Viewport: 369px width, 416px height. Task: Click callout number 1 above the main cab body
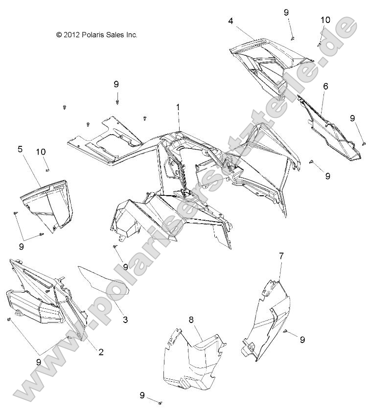[178, 107]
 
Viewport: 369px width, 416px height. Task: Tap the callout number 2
[101, 351]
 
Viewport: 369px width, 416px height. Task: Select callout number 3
[125, 320]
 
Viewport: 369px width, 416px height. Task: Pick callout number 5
[20, 149]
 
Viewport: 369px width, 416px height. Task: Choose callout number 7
[281, 255]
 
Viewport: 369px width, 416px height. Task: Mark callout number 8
[191, 320]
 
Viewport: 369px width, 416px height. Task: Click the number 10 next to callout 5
[42, 152]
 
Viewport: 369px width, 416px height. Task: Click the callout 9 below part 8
[142, 395]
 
